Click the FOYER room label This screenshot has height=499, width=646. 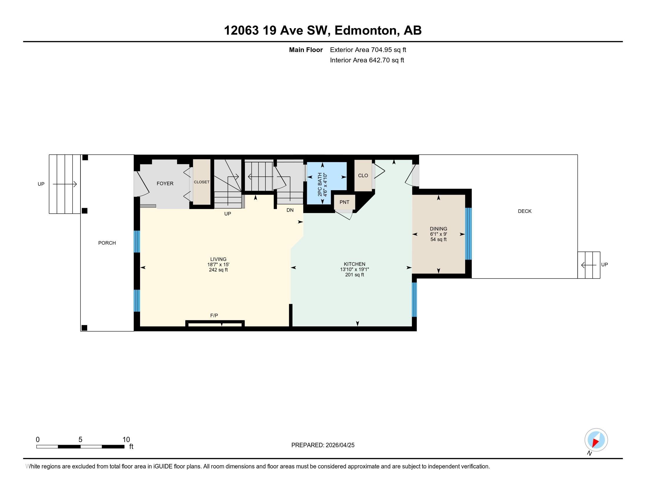pos(165,183)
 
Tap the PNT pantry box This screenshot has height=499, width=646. pos(344,202)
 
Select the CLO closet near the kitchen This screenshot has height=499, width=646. pos(363,176)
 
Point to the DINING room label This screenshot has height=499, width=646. pos(438,229)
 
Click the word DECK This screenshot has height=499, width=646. pos(524,211)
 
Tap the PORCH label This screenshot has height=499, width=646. pos(107,243)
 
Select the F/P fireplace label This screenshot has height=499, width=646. pos(214,316)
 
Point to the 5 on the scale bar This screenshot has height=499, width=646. pos(80,440)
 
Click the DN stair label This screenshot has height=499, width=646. pos(290,210)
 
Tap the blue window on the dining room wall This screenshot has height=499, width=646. pos(468,234)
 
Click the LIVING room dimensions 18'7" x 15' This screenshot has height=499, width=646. pos(218,264)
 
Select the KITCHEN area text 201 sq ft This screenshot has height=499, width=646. pos(354,275)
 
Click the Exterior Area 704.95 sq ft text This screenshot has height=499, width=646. pos(368,50)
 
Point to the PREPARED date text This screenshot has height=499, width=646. pos(323,445)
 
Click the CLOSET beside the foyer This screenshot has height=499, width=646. pos(202,182)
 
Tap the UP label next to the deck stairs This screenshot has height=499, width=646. pos(604,264)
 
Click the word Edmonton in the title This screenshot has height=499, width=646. pos(366,30)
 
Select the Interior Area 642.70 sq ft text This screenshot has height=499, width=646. pos(367,60)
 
